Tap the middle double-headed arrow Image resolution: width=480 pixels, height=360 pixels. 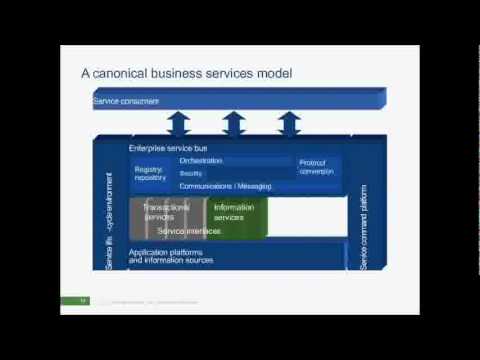(233, 124)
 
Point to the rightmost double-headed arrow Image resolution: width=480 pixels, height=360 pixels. (289, 124)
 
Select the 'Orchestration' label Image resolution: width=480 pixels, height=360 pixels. (201, 160)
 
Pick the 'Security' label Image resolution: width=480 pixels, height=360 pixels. (191, 173)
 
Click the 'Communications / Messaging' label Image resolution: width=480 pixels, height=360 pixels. (224, 186)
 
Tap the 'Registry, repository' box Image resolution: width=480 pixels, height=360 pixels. (150, 173)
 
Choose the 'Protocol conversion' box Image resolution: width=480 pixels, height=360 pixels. (318, 165)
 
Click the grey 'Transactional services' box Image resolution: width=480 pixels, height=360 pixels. (166, 212)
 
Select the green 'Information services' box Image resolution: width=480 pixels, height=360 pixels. (236, 212)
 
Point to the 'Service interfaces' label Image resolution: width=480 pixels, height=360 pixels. (190, 231)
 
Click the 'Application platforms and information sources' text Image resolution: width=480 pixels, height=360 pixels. (171, 256)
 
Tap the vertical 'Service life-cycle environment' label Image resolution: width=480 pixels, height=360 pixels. (110, 220)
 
